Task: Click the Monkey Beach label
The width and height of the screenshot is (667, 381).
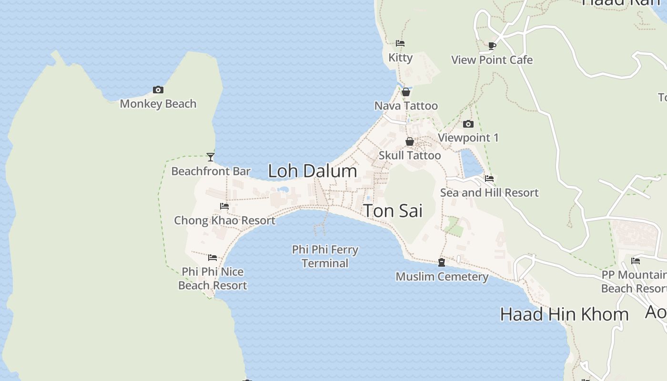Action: click(x=158, y=104)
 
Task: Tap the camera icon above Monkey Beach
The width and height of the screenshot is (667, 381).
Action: click(x=158, y=90)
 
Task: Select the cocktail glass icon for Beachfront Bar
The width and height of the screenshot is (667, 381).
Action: click(x=211, y=157)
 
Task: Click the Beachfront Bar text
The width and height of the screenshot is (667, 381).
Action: click(x=211, y=171)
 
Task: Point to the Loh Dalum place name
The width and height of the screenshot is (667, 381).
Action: click(x=313, y=171)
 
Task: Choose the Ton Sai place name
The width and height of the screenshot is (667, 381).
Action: click(x=393, y=211)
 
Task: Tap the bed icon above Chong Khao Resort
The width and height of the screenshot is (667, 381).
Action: click(x=224, y=206)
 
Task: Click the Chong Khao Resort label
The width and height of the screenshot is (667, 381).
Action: click(x=224, y=221)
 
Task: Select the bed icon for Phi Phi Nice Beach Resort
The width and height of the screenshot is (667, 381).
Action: click(x=212, y=258)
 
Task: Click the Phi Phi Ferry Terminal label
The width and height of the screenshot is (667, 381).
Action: click(x=325, y=256)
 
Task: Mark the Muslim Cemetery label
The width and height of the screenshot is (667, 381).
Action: click(x=442, y=277)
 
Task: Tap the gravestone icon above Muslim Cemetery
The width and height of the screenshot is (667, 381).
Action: click(x=442, y=262)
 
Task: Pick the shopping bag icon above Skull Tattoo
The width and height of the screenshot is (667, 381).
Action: click(x=409, y=141)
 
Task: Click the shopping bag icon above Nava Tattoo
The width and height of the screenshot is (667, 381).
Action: click(x=406, y=92)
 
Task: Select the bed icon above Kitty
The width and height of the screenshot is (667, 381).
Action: click(x=400, y=43)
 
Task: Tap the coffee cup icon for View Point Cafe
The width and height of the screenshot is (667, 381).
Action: click(x=492, y=46)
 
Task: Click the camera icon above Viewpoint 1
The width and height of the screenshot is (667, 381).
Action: click(x=468, y=124)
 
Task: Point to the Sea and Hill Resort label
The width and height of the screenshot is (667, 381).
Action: click(x=489, y=193)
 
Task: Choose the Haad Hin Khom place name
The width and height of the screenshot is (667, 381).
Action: click(x=564, y=314)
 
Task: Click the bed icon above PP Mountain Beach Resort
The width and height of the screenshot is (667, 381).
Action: click(x=636, y=261)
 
